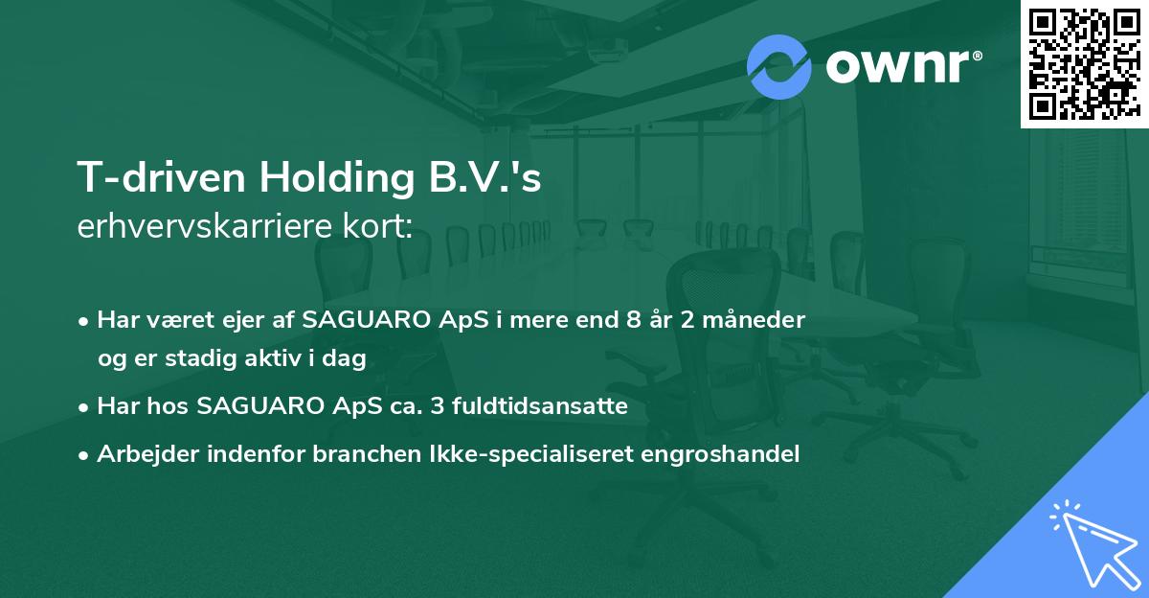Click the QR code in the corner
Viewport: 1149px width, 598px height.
pyautogui.click(x=1085, y=63)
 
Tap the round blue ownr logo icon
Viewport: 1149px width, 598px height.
pyautogui.click(x=779, y=66)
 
